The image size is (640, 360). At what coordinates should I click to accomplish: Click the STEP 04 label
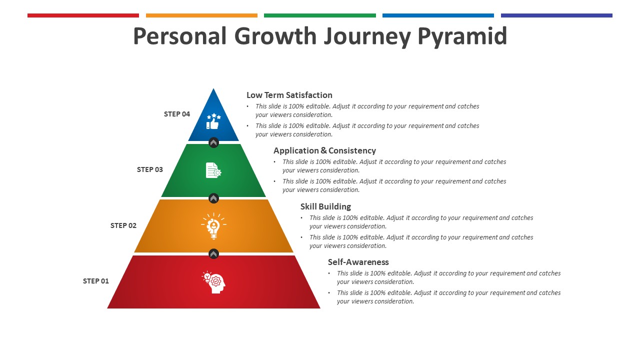(177, 114)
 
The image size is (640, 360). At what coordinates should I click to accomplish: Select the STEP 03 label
(149, 169)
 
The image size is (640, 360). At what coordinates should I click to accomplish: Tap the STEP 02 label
(123, 225)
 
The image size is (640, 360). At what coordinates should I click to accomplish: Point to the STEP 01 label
(95, 281)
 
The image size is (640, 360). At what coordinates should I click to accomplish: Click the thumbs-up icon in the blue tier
(213, 121)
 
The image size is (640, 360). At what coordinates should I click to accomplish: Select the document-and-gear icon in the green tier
(213, 170)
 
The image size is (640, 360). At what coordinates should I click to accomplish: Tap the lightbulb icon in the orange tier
(213, 225)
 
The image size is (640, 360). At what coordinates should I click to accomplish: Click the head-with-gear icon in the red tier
(213, 282)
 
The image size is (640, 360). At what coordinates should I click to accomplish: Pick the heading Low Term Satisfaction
(289, 95)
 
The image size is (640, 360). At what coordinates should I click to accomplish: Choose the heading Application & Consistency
(324, 150)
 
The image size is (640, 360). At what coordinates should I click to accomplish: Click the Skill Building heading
(325, 206)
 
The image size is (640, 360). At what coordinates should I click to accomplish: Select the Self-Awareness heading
(358, 261)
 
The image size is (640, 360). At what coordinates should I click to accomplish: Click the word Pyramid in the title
(462, 36)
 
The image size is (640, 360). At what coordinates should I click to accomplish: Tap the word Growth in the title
(275, 36)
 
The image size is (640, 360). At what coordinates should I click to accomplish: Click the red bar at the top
(83, 15)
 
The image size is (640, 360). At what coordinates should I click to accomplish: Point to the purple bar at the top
(556, 15)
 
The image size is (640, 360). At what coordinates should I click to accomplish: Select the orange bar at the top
(201, 15)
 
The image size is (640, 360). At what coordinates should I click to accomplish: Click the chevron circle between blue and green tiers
(213, 142)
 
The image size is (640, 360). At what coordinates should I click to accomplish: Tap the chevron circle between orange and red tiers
(213, 253)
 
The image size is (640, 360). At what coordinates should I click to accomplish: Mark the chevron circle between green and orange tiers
(213, 198)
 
